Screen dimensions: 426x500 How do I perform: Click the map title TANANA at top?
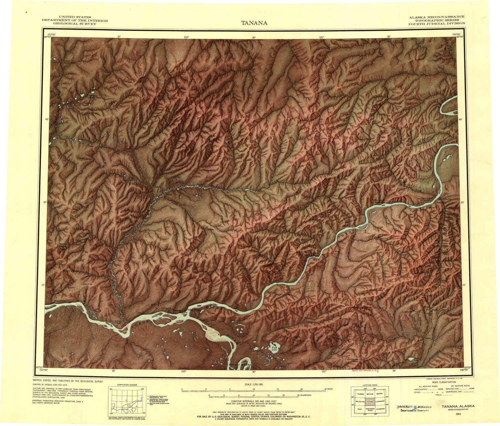click(x=254, y=23)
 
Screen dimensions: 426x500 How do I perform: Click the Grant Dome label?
click(x=70, y=271)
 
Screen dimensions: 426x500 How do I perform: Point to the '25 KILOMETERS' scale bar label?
click(x=304, y=395)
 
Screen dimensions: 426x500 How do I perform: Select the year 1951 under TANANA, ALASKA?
click(x=459, y=415)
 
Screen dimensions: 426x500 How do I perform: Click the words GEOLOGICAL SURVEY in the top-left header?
click(x=75, y=24)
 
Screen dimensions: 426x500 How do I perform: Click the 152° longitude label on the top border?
click(x=186, y=37)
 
